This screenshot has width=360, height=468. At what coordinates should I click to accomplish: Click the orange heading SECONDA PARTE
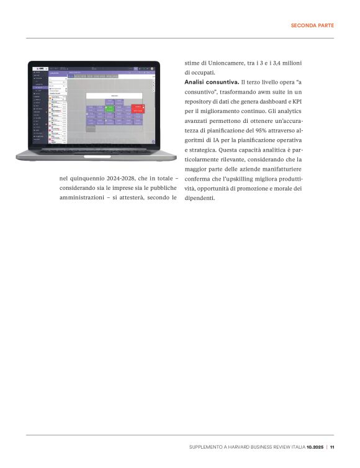[x=313, y=25]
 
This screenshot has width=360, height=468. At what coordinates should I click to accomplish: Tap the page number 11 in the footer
[x=332, y=447]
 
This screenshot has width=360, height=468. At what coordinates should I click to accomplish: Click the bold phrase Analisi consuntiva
[x=211, y=82]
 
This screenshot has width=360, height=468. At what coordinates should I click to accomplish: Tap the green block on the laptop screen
[x=109, y=108]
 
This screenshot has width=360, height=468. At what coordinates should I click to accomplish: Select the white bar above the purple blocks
[x=115, y=96]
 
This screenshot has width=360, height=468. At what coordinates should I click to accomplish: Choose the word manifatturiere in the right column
[x=276, y=169]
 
